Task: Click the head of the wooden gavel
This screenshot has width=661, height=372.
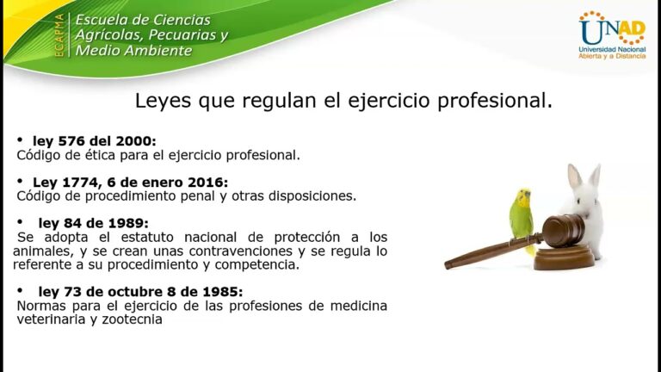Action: coord(563,230)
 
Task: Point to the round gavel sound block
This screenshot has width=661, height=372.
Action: coord(564,256)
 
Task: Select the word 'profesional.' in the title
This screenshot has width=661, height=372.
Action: coord(500,101)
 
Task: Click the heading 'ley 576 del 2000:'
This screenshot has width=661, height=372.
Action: coord(94,140)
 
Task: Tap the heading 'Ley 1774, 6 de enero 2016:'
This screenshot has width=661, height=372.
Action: coord(129,182)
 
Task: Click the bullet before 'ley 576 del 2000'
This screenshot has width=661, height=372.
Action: coord(21,139)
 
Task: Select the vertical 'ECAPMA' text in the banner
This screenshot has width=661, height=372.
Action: coord(59,36)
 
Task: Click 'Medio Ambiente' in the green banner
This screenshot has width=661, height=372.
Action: coord(133,51)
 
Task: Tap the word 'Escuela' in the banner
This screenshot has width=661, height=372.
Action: coord(102,20)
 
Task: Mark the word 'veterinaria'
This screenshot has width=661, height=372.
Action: coord(46,319)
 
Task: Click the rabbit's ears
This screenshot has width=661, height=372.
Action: coord(583,177)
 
